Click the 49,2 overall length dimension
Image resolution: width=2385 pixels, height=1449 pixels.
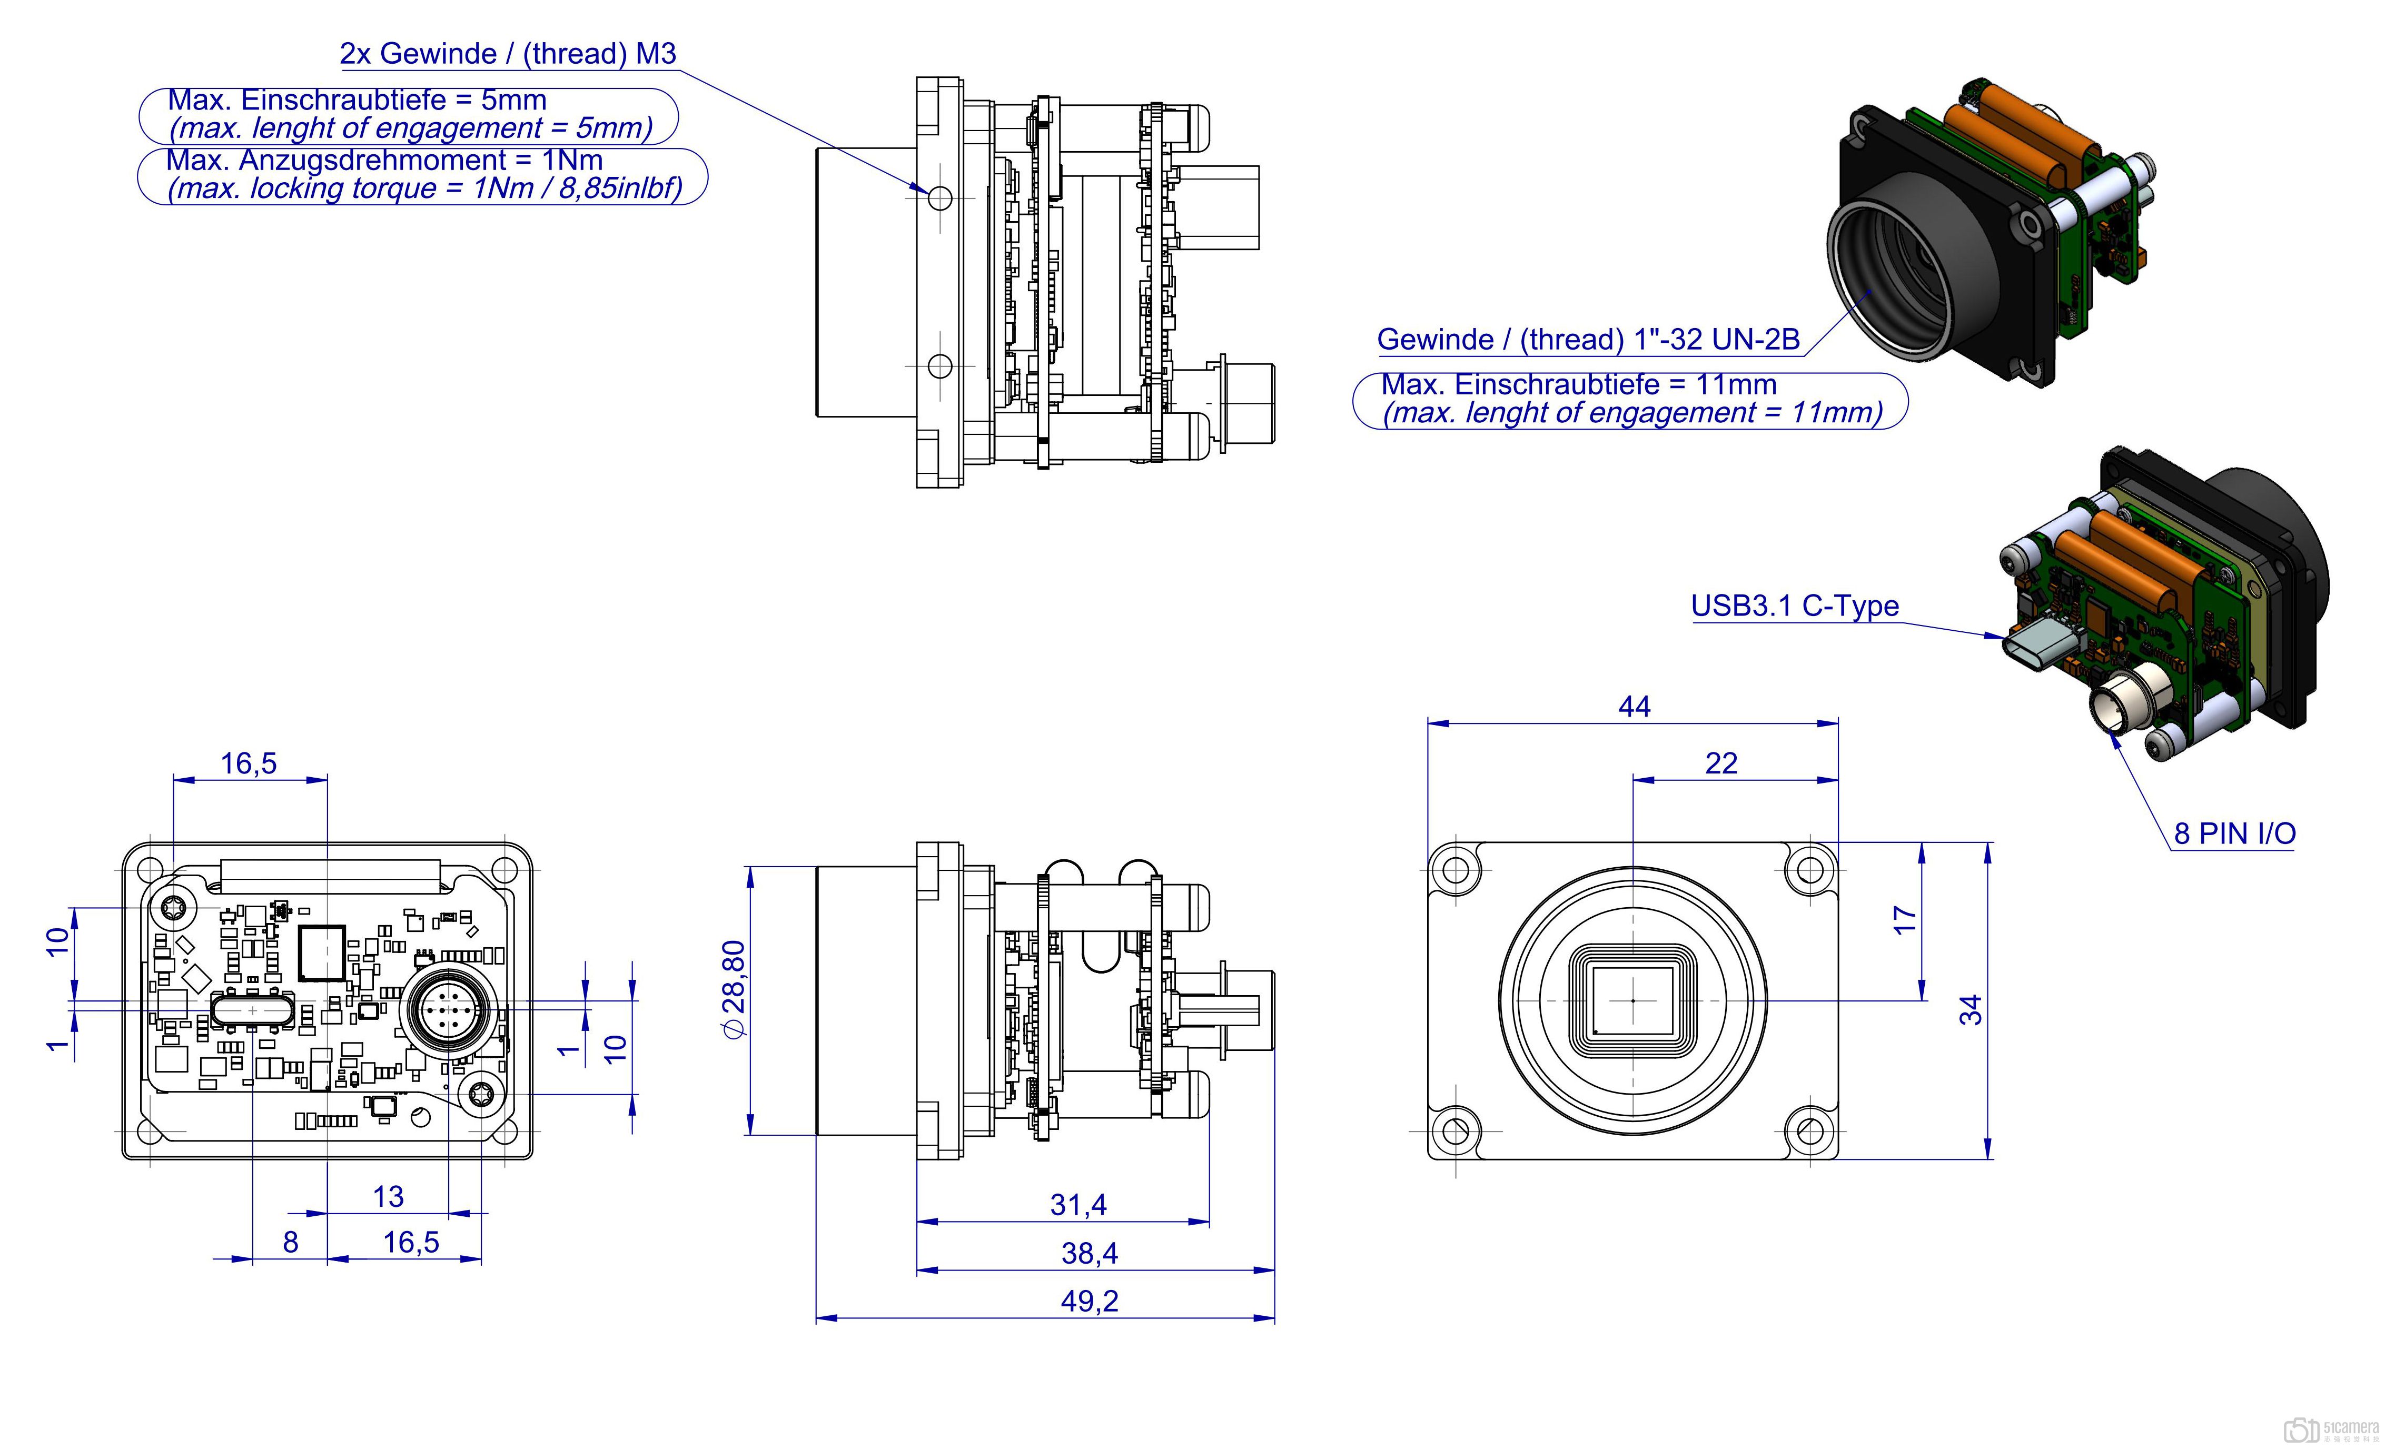click(x=1089, y=1301)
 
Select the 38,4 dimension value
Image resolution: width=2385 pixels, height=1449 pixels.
click(x=1089, y=1254)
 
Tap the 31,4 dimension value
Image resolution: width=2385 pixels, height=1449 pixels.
click(x=1077, y=1205)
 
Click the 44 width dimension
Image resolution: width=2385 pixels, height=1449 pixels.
click(x=1634, y=707)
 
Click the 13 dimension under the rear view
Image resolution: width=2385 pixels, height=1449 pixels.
click(x=388, y=1197)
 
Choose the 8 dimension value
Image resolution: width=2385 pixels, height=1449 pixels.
click(x=290, y=1243)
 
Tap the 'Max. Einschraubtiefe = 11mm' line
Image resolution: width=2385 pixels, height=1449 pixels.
click(x=1578, y=384)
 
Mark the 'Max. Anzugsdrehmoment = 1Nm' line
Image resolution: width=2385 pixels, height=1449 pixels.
click(x=384, y=160)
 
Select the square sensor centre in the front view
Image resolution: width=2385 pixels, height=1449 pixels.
click(x=1633, y=1000)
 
